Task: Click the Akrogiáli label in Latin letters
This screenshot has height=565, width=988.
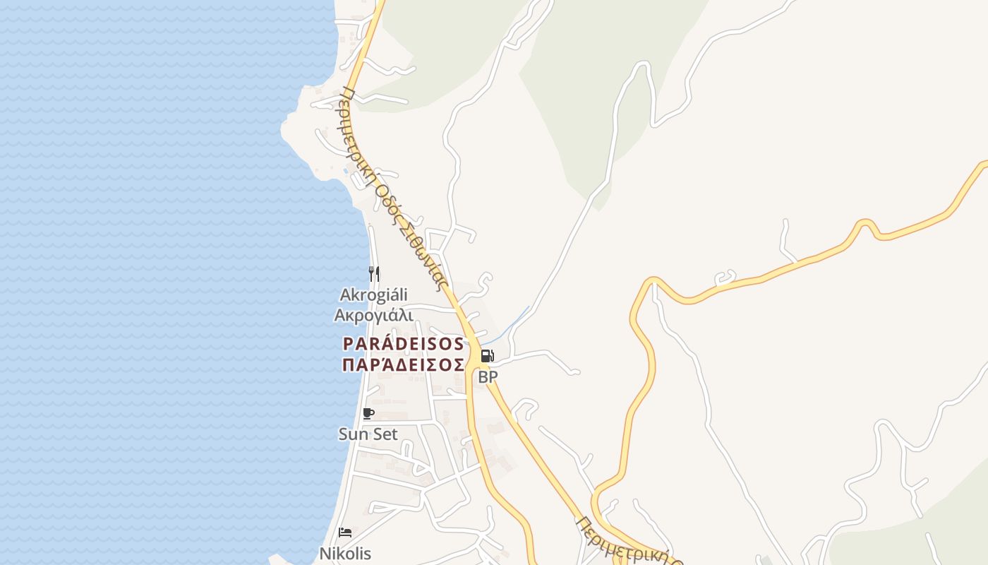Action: pyautogui.click(x=373, y=295)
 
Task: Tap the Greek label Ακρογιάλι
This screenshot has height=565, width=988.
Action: pyautogui.click(x=373, y=315)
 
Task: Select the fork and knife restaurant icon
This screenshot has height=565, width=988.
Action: pyautogui.click(x=374, y=273)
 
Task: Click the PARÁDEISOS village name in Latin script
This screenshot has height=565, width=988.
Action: pyautogui.click(x=403, y=344)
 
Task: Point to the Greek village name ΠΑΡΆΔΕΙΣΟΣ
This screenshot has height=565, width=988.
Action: pyautogui.click(x=403, y=365)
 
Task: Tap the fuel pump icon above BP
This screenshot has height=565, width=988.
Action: pyautogui.click(x=487, y=356)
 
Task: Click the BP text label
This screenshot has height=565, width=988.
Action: pyautogui.click(x=488, y=377)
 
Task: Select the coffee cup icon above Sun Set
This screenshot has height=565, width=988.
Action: pyautogui.click(x=368, y=414)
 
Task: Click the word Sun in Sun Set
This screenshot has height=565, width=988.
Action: pyautogui.click(x=354, y=434)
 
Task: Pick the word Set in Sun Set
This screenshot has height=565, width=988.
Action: pyautogui.click(x=385, y=434)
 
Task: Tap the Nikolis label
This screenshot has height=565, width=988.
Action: pyautogui.click(x=345, y=554)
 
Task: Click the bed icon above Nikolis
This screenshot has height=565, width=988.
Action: pyautogui.click(x=345, y=532)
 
